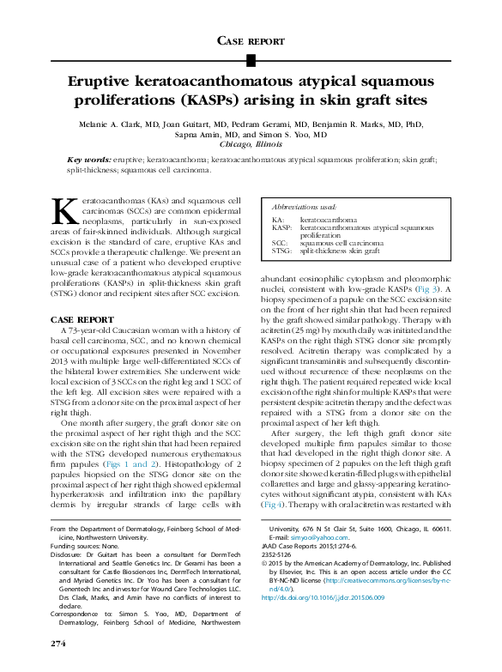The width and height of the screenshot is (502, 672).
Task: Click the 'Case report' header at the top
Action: [251, 40]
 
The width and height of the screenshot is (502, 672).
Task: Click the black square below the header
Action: [251, 59]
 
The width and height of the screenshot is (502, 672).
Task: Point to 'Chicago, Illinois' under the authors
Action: [251, 144]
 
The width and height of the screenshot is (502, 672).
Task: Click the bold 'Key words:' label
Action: [89, 159]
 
